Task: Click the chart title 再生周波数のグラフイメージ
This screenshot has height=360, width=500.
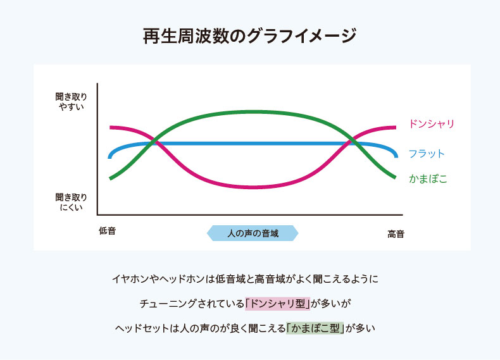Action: tap(249, 35)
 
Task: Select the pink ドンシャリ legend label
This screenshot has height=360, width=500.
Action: tap(432, 124)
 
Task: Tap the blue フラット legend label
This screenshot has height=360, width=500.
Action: tap(427, 154)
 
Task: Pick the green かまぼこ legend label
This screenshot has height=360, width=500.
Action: tap(428, 178)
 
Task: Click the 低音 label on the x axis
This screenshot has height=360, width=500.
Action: tap(107, 230)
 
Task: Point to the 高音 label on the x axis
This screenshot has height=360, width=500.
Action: tap(396, 234)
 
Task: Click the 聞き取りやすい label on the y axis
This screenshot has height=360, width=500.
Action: tap(71, 102)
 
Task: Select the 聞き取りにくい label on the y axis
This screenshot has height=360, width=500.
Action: tap(71, 202)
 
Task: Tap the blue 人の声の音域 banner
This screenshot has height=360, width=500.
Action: tap(253, 233)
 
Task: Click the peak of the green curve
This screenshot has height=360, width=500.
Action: tap(254, 112)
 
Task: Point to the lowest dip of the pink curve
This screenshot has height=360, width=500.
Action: tap(254, 187)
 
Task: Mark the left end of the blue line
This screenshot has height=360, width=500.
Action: tap(110, 157)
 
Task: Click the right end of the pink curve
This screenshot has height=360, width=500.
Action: tap(396, 128)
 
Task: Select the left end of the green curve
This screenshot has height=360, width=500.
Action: tap(110, 178)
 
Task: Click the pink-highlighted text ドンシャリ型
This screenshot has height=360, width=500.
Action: tap(277, 303)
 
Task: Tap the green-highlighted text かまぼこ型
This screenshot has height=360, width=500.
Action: tap(315, 328)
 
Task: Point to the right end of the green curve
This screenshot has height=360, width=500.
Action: tap(396, 177)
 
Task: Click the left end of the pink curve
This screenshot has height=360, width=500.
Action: tap(110, 128)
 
